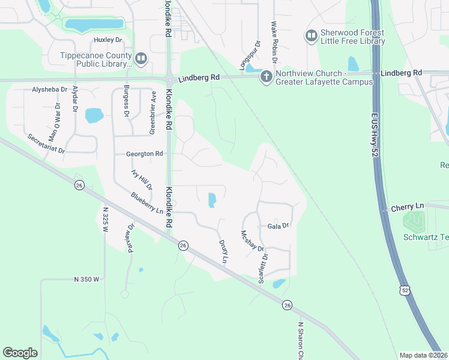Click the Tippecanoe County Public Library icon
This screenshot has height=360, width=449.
[141, 58]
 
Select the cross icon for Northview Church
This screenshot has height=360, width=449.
[266, 76]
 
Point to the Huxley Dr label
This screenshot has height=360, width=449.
[108, 40]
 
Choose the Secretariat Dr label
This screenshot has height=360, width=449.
[46, 143]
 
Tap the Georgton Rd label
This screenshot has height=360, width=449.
[145, 154]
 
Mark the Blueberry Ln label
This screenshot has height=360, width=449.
[147, 203]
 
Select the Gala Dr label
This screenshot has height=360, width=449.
[279, 226]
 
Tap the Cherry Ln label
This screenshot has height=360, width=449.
[407, 206]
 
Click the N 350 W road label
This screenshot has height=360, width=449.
[86, 280]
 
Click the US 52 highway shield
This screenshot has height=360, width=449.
[406, 290]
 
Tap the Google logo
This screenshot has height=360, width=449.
[20, 353]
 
